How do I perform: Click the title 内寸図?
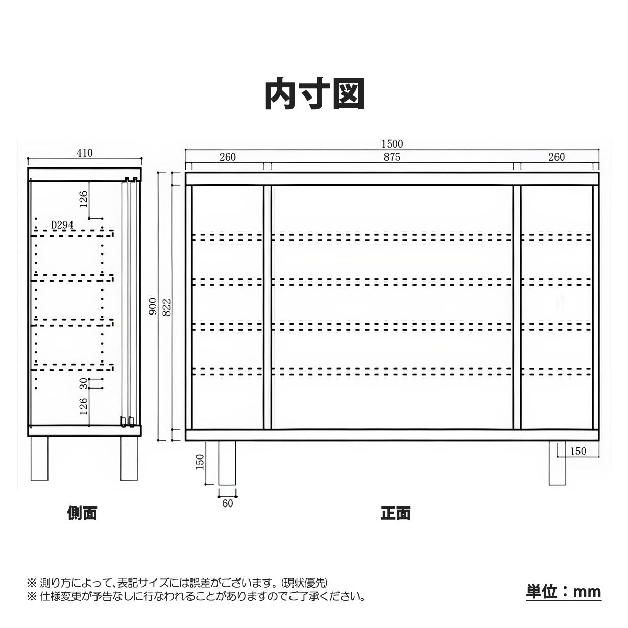point(315,94)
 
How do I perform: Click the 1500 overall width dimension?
point(393,143)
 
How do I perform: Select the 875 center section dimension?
point(392,157)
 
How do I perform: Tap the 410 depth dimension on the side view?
point(85,153)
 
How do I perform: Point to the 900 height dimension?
point(153,306)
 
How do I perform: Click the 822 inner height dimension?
point(166,306)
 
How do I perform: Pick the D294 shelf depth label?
point(62,225)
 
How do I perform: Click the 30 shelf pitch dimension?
point(84,383)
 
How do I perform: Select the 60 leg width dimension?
point(228,503)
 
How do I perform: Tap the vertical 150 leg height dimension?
point(200,462)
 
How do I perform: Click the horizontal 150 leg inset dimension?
point(578,451)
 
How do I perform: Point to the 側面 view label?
point(82,513)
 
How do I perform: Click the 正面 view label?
point(395,513)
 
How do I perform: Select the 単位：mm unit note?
point(564,592)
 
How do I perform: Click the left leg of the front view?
point(227,463)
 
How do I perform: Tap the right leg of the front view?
point(557,463)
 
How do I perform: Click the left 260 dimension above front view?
point(228,157)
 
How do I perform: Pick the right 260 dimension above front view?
point(557,157)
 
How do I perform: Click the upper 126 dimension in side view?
point(84,199)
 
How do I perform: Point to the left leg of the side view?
point(39,458)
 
